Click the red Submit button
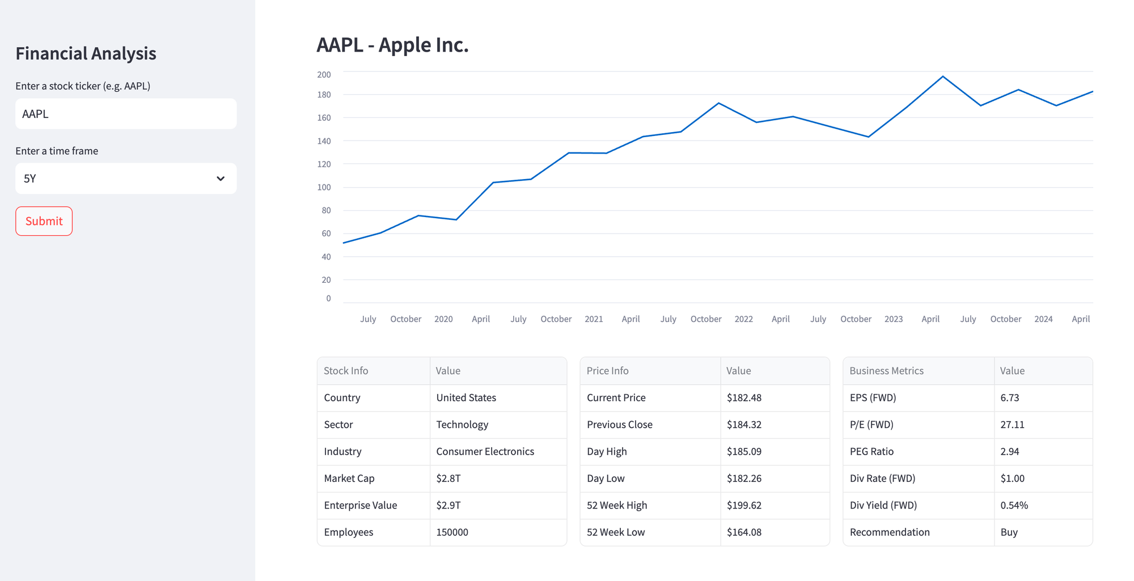44,221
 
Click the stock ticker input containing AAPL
126,114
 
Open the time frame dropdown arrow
221,179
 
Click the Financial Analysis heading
86,53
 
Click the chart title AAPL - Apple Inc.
392,45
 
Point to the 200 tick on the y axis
324,75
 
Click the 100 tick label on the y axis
324,187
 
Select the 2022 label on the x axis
743,319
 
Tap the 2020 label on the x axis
443,319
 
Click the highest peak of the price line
943,77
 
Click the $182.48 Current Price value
744,398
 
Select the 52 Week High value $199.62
744,506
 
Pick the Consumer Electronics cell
485,452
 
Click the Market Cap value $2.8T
448,478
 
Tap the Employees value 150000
452,532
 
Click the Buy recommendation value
1009,532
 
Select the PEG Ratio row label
871,452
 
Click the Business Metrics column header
886,371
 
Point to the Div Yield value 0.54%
1014,506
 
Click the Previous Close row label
619,425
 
